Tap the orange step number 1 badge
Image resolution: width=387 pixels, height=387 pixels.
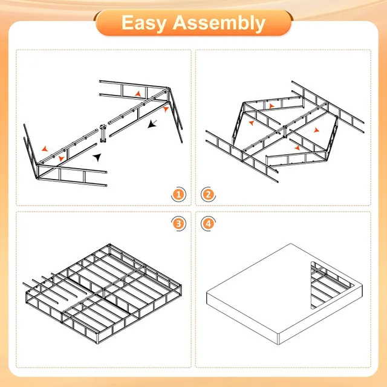tap(178, 194)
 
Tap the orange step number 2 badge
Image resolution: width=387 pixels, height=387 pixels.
tap(209, 194)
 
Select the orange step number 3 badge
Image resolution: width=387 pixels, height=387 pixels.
tap(178, 224)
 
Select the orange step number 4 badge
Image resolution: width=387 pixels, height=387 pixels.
tap(209, 224)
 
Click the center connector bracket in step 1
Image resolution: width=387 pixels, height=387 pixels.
tap(103, 133)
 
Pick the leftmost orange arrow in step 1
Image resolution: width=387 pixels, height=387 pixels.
tap(44, 148)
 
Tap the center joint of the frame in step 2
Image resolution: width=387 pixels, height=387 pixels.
tap(284, 129)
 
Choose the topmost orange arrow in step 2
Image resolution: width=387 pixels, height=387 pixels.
tap(272, 106)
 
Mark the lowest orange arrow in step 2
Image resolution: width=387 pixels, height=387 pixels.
tap(296, 147)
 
